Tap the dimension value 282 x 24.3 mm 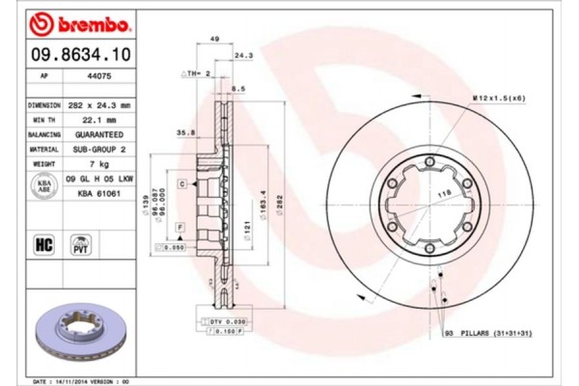point(101,103)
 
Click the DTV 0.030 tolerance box point(221,320)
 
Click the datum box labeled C point(181,182)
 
